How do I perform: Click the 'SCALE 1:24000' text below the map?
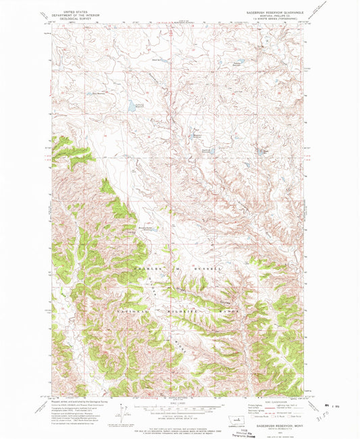179,404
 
